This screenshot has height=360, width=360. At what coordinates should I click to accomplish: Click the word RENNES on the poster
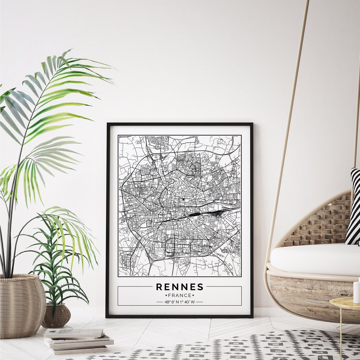[180, 287]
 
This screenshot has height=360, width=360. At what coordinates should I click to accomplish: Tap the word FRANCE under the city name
[180, 296]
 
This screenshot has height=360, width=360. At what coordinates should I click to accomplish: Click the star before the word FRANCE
[166, 296]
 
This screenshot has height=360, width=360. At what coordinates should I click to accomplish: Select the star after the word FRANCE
[193, 296]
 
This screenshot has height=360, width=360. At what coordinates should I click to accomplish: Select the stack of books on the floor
[77, 341]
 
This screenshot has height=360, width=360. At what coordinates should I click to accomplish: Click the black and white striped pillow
[354, 208]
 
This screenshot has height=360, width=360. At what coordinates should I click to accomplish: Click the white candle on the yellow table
[357, 292]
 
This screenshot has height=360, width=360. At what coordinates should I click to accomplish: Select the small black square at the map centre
[183, 199]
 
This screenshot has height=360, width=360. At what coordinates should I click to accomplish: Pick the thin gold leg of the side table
[341, 335]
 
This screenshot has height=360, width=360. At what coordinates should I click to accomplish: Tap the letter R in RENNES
[159, 287]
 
